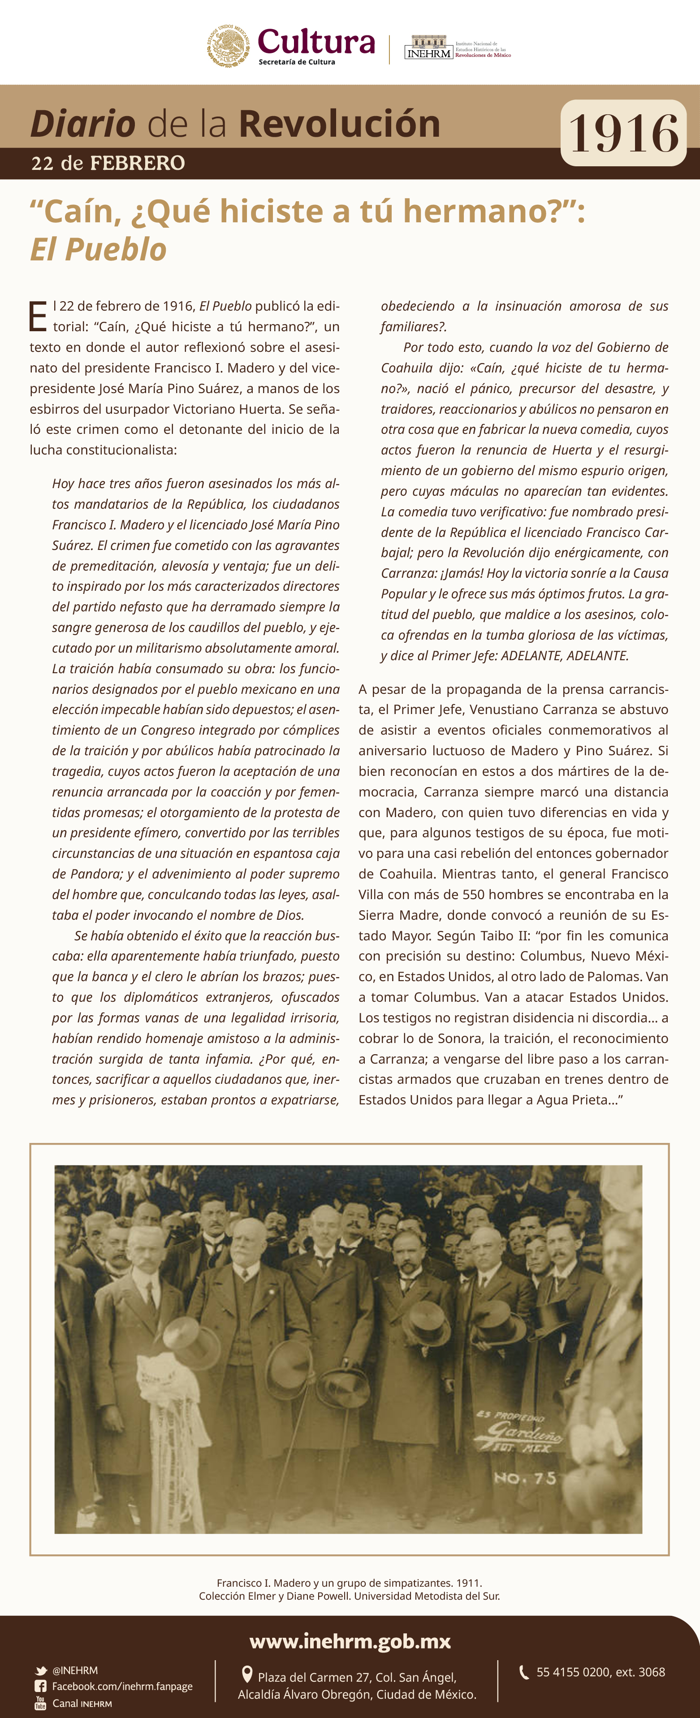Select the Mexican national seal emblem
click(228, 46)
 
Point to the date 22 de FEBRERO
click(108, 163)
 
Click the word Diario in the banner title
click(82, 124)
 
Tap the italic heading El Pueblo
click(98, 249)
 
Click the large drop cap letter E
click(38, 316)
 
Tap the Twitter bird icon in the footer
click(41, 1670)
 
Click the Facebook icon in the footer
click(41, 1686)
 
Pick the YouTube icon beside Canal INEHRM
click(41, 1703)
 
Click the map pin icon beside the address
click(246, 1674)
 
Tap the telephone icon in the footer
click(524, 1671)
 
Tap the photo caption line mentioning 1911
click(350, 1583)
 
